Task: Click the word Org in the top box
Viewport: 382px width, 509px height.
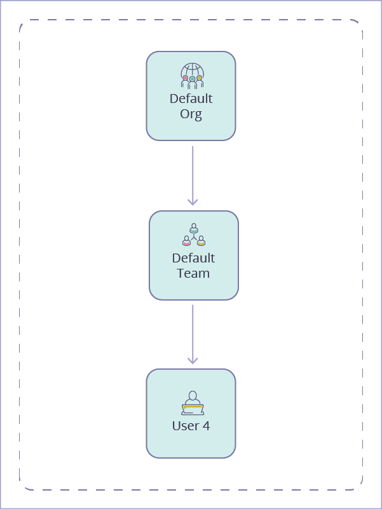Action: point(191,115)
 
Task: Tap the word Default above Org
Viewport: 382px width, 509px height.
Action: point(191,99)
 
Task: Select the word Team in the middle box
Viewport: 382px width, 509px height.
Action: point(193,274)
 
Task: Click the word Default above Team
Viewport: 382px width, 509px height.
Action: point(193,258)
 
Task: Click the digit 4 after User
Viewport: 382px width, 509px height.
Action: point(206,426)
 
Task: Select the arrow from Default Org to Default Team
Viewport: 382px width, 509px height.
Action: point(193,172)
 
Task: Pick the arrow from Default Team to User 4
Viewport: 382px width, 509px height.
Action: point(193,330)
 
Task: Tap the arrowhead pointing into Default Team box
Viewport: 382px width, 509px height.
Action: point(193,202)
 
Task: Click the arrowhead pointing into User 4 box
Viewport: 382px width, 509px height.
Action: point(193,360)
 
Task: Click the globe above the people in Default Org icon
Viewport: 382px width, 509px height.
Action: point(192,69)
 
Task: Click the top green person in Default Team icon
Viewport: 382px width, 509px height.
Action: point(194,227)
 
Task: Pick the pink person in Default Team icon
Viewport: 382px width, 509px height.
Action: point(186,241)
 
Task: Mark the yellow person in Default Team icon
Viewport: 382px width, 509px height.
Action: point(201,241)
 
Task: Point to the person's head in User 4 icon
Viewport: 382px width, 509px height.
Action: point(193,395)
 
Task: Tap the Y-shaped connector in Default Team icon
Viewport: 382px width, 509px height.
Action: point(194,236)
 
